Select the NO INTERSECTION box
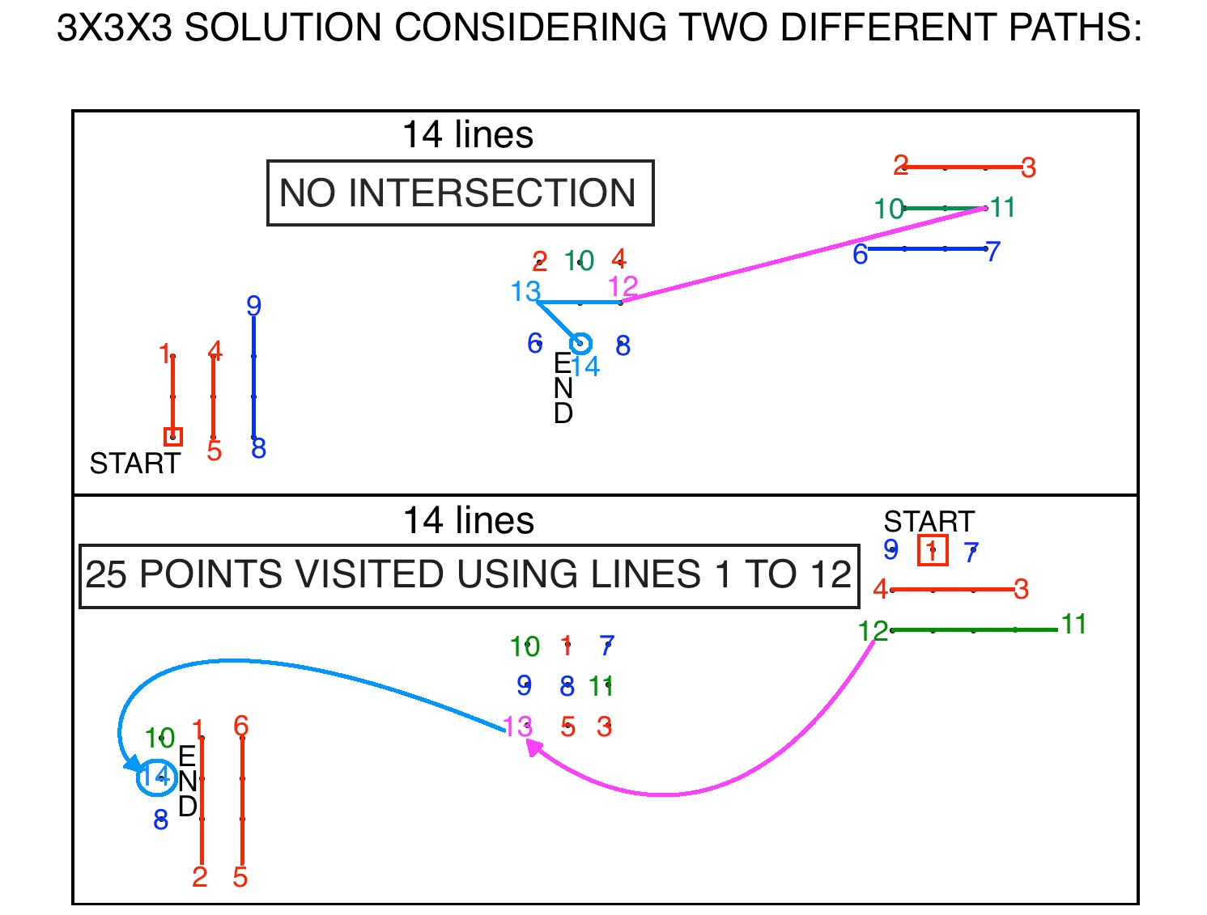[459, 193]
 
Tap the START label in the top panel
[134, 464]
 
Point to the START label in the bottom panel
[929, 521]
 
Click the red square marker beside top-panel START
[173, 437]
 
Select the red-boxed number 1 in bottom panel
[933, 551]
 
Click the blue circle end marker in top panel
[580, 344]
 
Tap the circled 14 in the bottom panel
[156, 777]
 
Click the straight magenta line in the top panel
[801, 255]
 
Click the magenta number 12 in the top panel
[623, 286]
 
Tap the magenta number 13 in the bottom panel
[517, 726]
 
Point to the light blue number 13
[525, 291]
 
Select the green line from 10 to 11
[945, 208]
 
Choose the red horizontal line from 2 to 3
[963, 167]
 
